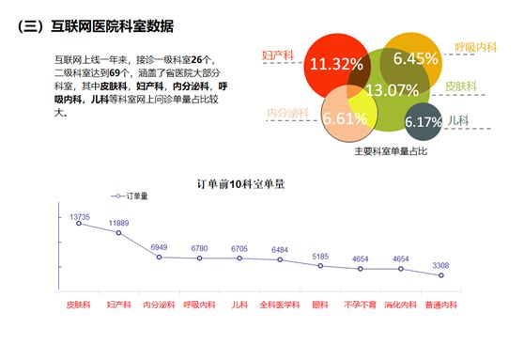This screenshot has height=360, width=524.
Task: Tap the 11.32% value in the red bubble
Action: (x=336, y=64)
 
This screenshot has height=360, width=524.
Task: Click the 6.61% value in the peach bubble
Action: (x=345, y=118)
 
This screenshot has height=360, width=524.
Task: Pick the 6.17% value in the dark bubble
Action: (x=423, y=122)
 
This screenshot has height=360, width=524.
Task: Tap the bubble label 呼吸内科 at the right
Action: (x=475, y=46)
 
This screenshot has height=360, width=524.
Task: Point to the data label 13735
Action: (x=80, y=217)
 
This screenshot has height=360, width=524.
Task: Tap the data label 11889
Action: (x=119, y=223)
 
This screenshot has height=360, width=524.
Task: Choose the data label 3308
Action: (x=440, y=266)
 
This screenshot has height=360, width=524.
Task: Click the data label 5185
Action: (x=320, y=257)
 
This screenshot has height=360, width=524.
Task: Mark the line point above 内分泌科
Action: (x=159, y=257)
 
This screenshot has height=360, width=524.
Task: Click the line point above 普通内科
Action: (x=440, y=275)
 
